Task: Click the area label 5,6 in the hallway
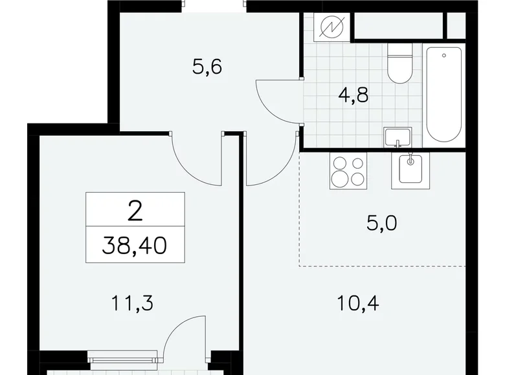pos(207,67)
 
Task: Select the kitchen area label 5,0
pos(381,224)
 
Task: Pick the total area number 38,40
pos(135,246)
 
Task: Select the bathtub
pos(444,95)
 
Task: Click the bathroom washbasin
pos(396,136)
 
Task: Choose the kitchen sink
pos(409,169)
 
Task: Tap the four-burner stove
pos(347,170)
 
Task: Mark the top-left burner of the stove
pos(339,162)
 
